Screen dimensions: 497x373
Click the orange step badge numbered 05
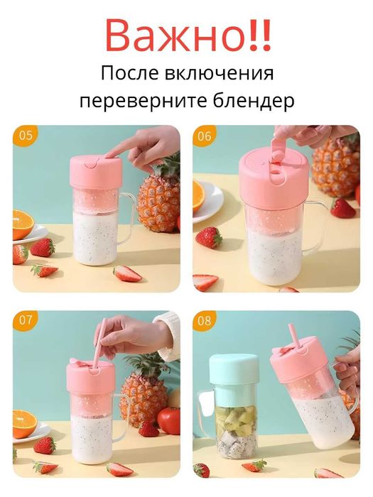[23, 136]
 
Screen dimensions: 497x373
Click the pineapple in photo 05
[158, 199]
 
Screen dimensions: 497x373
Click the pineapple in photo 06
[335, 167]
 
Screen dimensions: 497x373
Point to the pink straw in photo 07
[101, 341]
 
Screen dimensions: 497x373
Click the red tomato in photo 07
[169, 419]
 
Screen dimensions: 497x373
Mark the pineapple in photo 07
[142, 398]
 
